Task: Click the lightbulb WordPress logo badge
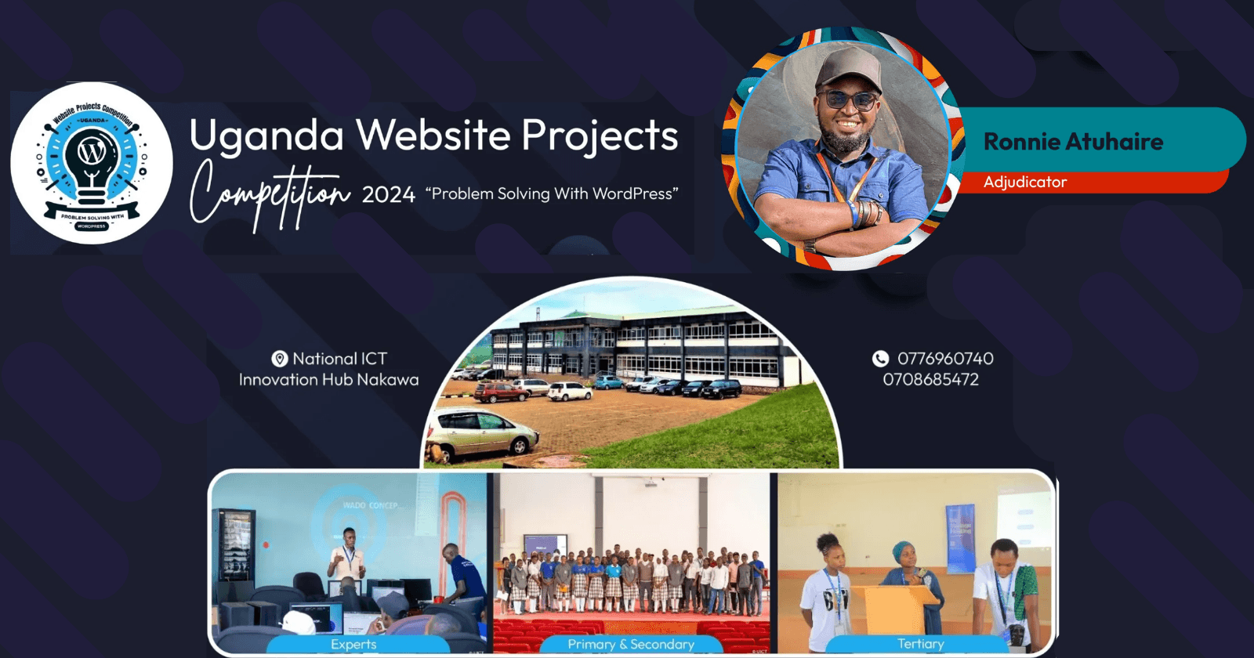coord(92,163)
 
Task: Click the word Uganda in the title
coord(266,136)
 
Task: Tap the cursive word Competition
coord(268,194)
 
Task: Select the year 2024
coord(388,194)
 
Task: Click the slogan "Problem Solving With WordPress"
coord(552,193)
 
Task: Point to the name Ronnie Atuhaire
coord(1073,142)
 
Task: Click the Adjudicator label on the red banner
coord(1025,182)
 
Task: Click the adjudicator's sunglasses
coord(848,100)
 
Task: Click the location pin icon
coord(280,359)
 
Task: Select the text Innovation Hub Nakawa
coord(328,380)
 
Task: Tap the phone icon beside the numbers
coord(881,359)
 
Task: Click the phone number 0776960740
coord(945,359)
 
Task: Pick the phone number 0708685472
coord(931,380)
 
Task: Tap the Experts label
coord(353,644)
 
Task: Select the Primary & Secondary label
coord(631,644)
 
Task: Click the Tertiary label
coord(921,644)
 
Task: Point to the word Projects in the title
coord(600,136)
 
